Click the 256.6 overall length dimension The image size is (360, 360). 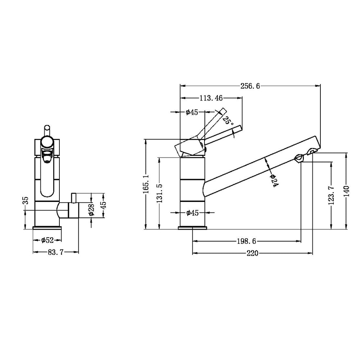tap(250, 86)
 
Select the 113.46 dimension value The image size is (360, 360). tap(211, 98)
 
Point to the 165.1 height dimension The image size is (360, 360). tap(146, 184)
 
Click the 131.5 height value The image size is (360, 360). tap(159, 193)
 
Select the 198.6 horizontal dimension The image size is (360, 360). tap(246, 241)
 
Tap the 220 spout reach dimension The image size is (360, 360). tap(252, 253)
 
